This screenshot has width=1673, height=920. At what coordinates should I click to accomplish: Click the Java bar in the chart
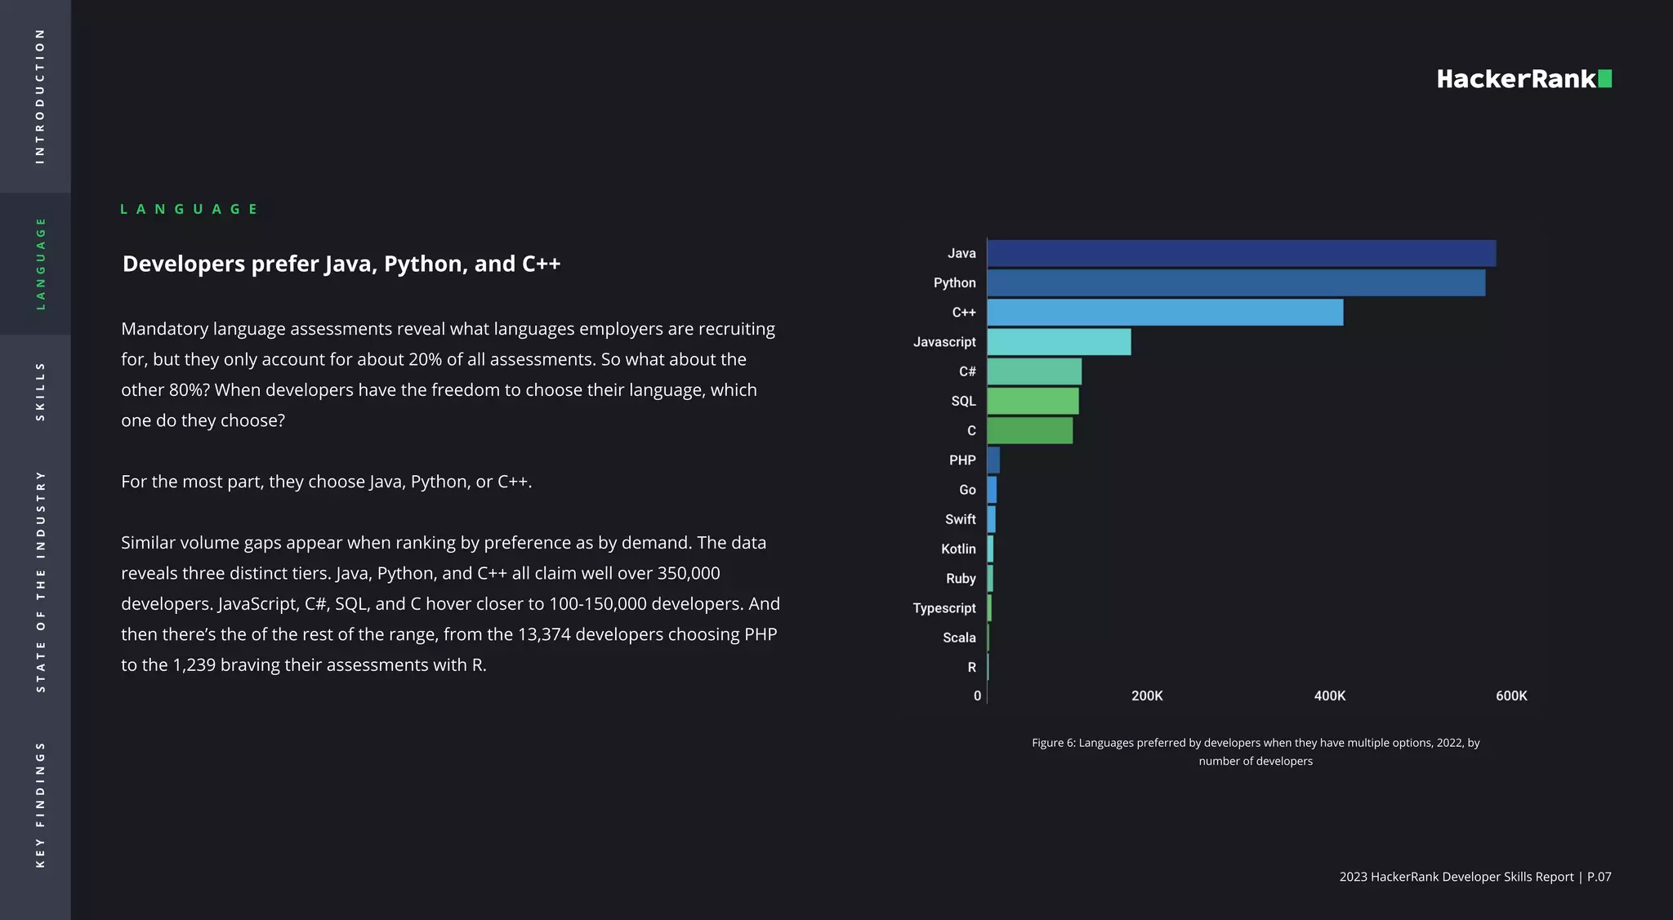[x=1242, y=253]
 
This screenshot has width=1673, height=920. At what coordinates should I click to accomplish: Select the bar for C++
[x=1165, y=313]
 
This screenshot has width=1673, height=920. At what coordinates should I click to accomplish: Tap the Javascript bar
[x=1059, y=342]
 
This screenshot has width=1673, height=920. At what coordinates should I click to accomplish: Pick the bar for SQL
[x=1033, y=401]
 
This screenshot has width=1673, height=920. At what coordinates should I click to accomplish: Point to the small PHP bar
[x=993, y=460]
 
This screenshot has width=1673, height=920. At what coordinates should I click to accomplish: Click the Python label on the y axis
[x=954, y=282]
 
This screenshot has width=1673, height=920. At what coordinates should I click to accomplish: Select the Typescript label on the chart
[x=944, y=608]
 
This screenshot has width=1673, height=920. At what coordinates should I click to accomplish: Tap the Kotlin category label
[x=957, y=549]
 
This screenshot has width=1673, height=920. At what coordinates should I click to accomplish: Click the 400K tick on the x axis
[x=1329, y=696]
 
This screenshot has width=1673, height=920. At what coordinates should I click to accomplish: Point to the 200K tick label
[x=1147, y=696]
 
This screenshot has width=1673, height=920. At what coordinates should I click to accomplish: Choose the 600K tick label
[x=1511, y=696]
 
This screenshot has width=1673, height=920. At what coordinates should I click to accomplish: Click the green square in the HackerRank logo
[x=1604, y=78]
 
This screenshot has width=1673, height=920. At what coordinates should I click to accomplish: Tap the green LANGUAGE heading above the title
[x=189, y=209]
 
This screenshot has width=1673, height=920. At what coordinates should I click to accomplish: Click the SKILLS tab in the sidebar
[x=39, y=392]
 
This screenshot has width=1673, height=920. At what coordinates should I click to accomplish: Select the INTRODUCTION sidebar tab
[x=39, y=96]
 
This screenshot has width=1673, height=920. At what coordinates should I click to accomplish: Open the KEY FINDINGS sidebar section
[x=39, y=804]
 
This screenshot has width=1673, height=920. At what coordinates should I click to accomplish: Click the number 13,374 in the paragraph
[x=545, y=634]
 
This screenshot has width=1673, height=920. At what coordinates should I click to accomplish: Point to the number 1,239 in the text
[x=194, y=665]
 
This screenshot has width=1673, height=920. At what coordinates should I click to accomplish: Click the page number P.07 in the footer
[x=1599, y=877]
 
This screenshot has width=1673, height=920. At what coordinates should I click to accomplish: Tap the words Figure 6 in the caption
[x=1052, y=743]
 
